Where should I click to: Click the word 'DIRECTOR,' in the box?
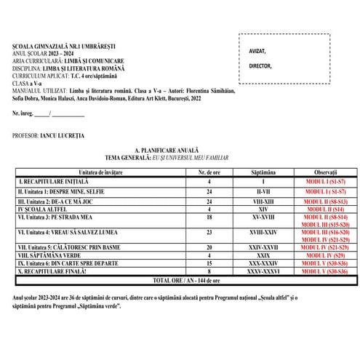260,65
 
